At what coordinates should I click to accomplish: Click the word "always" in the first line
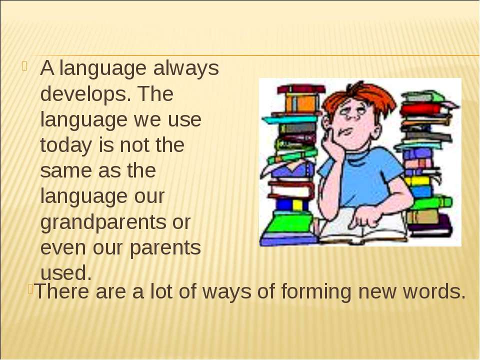[186, 69]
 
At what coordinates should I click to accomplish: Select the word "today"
[66, 145]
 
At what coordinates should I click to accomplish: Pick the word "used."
[66, 273]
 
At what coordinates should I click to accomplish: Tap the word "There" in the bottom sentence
[62, 291]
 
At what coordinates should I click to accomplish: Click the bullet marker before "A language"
[25, 66]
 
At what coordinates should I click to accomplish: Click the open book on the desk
[361, 226]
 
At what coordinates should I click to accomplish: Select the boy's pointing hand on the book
[365, 218]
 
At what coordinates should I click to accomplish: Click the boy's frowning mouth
[346, 132]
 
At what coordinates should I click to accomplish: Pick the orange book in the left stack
[301, 103]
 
